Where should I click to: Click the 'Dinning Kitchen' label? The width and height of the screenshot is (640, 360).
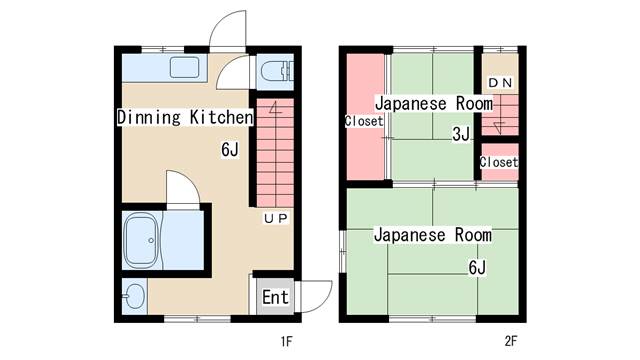pyautogui.click(x=185, y=117)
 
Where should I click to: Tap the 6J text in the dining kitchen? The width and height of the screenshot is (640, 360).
pyautogui.click(x=229, y=150)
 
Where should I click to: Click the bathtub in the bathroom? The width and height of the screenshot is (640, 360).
pyautogui.click(x=141, y=240)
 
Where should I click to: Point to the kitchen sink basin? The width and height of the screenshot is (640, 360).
pyautogui.click(x=184, y=67)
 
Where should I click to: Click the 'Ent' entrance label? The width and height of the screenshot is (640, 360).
pyautogui.click(x=275, y=297)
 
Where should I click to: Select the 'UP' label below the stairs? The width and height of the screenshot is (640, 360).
pyautogui.click(x=276, y=218)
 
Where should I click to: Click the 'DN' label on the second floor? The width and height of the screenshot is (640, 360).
pyautogui.click(x=500, y=83)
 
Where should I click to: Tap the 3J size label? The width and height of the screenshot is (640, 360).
pyautogui.click(x=461, y=133)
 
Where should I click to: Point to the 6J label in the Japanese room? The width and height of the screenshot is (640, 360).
pyautogui.click(x=477, y=268)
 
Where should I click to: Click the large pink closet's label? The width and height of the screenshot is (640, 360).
pyautogui.click(x=364, y=121)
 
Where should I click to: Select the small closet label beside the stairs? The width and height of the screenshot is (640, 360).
pyautogui.click(x=499, y=162)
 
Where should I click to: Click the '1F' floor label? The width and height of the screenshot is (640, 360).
pyautogui.click(x=287, y=341)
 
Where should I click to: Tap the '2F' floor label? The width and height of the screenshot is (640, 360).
pyautogui.click(x=511, y=341)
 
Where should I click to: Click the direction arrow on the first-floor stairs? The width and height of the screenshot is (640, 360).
pyautogui.click(x=276, y=108)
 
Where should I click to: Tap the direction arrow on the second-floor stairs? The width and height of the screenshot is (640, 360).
pyautogui.click(x=499, y=128)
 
